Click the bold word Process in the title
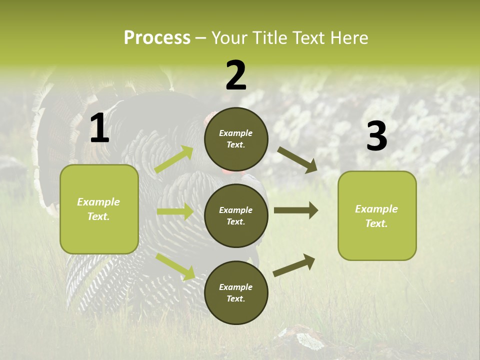(157, 38)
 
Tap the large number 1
(99, 128)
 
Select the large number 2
(236, 75)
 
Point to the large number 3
(376, 136)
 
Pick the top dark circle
(236, 139)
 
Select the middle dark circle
(236, 215)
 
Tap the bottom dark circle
(236, 292)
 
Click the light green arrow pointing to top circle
(174, 159)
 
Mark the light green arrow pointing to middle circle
(175, 211)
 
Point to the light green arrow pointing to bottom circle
(175, 266)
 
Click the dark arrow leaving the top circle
(297, 159)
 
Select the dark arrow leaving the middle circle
(296, 210)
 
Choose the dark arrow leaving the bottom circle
(294, 265)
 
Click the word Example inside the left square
(98, 202)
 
